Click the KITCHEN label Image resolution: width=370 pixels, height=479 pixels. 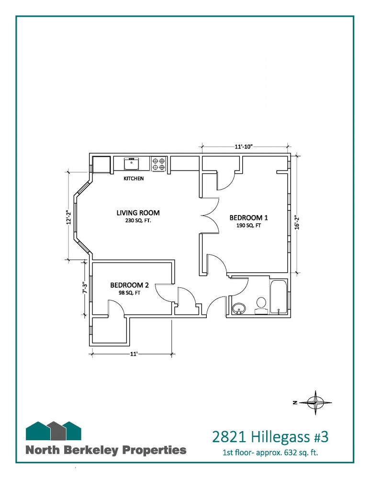pyautogui.click(x=134, y=178)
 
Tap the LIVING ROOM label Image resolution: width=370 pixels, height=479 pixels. pyautogui.click(x=138, y=213)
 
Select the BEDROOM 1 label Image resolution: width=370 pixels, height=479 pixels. pyautogui.click(x=248, y=218)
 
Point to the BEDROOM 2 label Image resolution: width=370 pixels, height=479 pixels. pyautogui.click(x=129, y=285)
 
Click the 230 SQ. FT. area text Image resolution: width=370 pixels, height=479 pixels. pyautogui.click(x=138, y=220)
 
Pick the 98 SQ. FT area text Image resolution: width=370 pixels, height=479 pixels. pyautogui.click(x=129, y=293)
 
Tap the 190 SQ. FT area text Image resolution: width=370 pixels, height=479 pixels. pyautogui.click(x=248, y=226)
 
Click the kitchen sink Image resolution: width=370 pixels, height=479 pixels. pyautogui.click(x=132, y=163)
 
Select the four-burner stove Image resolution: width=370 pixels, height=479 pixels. pyautogui.click(x=159, y=163)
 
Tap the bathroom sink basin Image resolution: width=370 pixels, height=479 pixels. pyautogui.click(x=239, y=308)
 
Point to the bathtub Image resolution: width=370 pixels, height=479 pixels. pyautogui.click(x=279, y=297)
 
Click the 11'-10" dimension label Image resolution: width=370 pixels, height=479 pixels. pyautogui.click(x=244, y=147)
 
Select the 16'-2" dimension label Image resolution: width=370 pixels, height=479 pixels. pyautogui.click(x=296, y=222)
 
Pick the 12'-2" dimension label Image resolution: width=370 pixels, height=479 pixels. pyautogui.click(x=69, y=217)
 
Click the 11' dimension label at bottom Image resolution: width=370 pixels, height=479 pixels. pyautogui.click(x=134, y=354)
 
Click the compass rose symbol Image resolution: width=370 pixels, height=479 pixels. pyautogui.click(x=315, y=403)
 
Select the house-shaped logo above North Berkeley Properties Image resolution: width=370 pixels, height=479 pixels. pyautogui.click(x=54, y=431)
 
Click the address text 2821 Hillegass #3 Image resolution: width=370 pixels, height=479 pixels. pyautogui.click(x=270, y=437)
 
